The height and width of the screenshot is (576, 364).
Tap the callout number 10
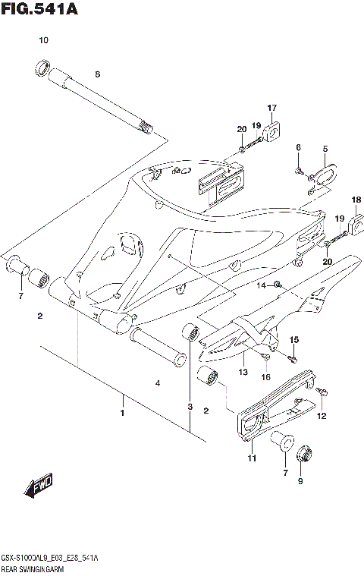[x=43, y=39]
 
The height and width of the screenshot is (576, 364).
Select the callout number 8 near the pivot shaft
[x=97, y=74]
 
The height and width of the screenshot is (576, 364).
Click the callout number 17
[x=271, y=108]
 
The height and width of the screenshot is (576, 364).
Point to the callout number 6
[x=298, y=146]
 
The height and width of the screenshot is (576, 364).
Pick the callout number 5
[x=325, y=149]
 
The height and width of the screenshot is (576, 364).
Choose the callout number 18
[x=355, y=200]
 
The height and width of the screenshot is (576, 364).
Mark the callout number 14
[x=259, y=285]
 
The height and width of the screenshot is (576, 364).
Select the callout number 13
[x=243, y=372]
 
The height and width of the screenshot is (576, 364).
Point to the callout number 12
[x=321, y=416]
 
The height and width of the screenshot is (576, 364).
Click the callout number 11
[x=252, y=458]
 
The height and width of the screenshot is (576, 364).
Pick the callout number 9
[x=299, y=481]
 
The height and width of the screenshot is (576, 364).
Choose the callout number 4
[x=158, y=384]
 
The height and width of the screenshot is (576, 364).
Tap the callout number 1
[x=121, y=414]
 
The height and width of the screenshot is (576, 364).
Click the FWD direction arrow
[x=39, y=486]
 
